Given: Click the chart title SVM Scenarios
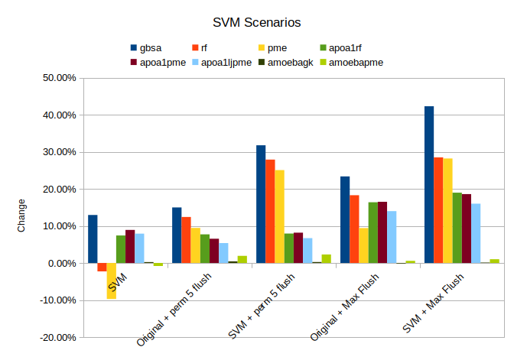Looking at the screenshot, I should pos(256,24).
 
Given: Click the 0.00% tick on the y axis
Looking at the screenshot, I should pos(60,263).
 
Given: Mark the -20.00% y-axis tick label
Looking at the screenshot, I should pos(57,337).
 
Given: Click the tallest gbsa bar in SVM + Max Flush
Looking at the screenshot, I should pos(429,184).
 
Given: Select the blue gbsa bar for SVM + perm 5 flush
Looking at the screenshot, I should pos(261,204).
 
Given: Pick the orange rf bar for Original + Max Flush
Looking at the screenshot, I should pos(354,229).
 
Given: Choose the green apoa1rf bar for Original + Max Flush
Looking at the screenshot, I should pos(372,232).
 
